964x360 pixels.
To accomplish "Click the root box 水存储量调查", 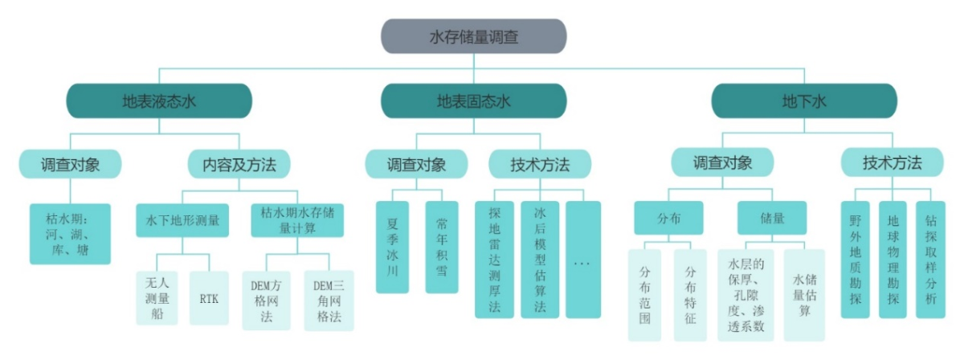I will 473,36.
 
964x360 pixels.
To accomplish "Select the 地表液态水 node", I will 159,101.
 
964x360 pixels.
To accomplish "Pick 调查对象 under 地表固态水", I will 416,165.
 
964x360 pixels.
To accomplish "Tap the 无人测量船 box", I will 157,298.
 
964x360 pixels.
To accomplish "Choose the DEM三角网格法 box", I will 328,299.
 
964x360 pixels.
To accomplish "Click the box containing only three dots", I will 582,259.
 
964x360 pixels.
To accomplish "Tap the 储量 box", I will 771,217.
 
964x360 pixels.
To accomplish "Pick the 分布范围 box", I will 645,295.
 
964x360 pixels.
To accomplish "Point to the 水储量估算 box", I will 803,295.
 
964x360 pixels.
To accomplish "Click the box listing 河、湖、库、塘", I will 70,233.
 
